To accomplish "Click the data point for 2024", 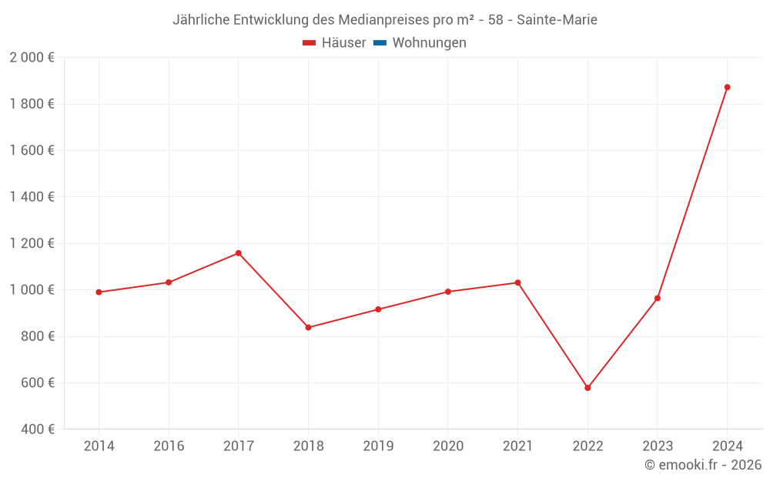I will (727, 87).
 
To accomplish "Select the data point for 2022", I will (588, 388).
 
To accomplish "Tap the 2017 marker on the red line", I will (239, 253).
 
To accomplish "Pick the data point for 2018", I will (308, 327).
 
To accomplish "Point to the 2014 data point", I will (99, 292).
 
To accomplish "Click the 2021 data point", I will (517, 282).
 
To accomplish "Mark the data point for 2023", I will (658, 298).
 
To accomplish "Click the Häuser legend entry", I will (334, 43).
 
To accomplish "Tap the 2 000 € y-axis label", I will (32, 58).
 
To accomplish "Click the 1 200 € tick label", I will (32, 243).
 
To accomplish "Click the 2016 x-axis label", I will (169, 446).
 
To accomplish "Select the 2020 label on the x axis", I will (448, 446).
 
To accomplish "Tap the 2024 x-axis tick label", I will (727, 446).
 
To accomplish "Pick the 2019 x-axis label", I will (378, 446).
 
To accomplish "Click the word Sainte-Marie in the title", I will (557, 20).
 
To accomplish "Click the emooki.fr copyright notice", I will (703, 465).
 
